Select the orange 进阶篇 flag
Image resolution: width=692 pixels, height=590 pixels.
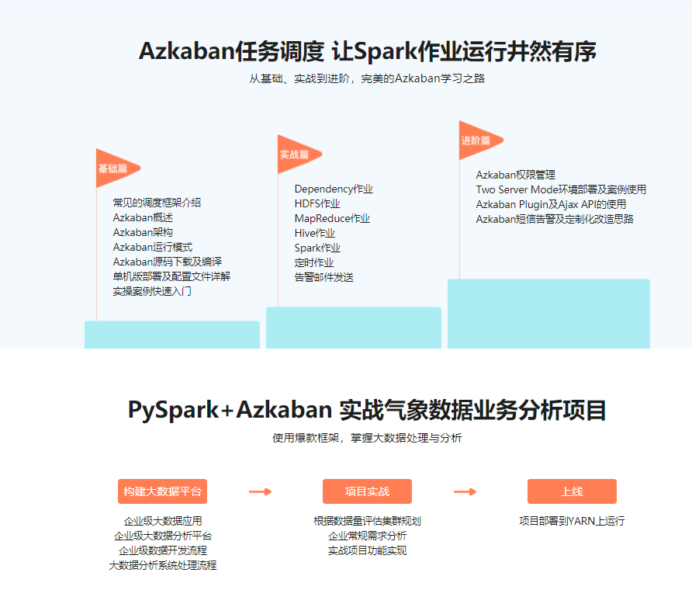click(476, 141)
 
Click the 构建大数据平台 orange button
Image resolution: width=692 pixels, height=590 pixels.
click(162, 491)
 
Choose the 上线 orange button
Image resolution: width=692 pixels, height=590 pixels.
click(572, 491)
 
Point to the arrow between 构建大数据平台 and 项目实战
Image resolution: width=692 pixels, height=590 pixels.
click(260, 491)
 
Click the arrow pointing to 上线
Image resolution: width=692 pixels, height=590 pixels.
click(465, 491)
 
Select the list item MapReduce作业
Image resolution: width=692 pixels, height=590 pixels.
click(332, 218)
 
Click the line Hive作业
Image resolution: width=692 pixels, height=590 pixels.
click(315, 233)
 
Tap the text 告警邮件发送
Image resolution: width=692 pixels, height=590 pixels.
click(324, 277)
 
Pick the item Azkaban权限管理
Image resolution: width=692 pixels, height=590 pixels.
click(515, 175)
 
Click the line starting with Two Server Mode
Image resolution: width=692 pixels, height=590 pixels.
click(561, 189)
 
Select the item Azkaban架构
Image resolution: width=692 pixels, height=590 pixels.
click(143, 232)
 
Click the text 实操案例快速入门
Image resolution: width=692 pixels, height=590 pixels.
click(152, 291)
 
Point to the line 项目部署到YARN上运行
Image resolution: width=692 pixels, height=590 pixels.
click(572, 521)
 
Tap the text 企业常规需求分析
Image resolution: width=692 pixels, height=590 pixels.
click(367, 536)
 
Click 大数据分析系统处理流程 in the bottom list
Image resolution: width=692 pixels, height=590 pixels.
click(162, 565)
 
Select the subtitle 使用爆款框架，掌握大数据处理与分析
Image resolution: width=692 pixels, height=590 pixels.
click(367, 439)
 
